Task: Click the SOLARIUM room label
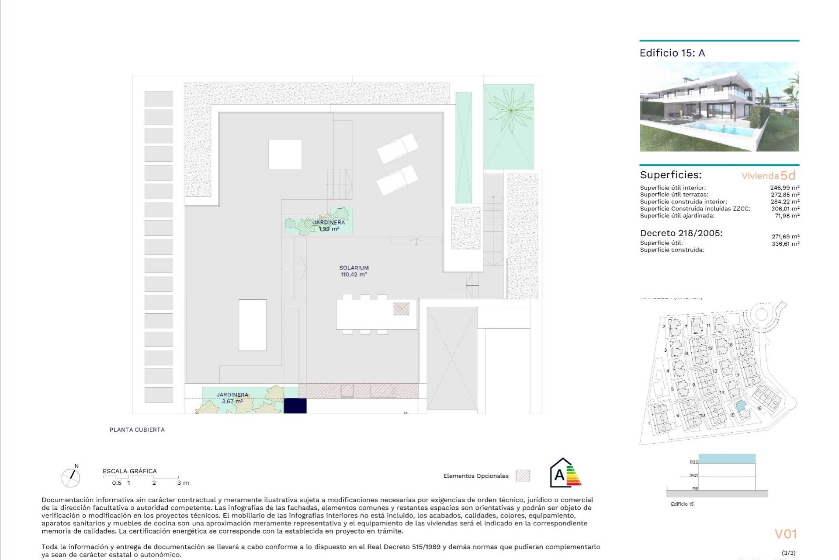click(x=354, y=268)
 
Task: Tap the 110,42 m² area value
click(x=354, y=275)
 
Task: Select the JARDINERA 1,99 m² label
click(x=329, y=225)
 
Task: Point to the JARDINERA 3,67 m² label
click(x=232, y=398)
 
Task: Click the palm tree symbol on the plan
click(x=510, y=111)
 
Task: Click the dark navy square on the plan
click(x=295, y=406)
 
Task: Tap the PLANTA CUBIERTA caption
click(x=137, y=430)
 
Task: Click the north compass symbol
click(x=70, y=477)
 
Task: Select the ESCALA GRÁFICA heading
click(x=130, y=471)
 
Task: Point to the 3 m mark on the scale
click(x=183, y=483)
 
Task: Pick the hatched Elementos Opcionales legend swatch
click(x=523, y=476)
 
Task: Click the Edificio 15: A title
click(x=672, y=53)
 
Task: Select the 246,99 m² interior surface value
click(x=784, y=188)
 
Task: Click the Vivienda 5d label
click(x=768, y=175)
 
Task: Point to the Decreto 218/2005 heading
click(x=681, y=233)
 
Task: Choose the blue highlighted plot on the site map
click(x=740, y=407)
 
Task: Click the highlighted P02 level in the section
click(x=727, y=459)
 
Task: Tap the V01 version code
click(x=786, y=534)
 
